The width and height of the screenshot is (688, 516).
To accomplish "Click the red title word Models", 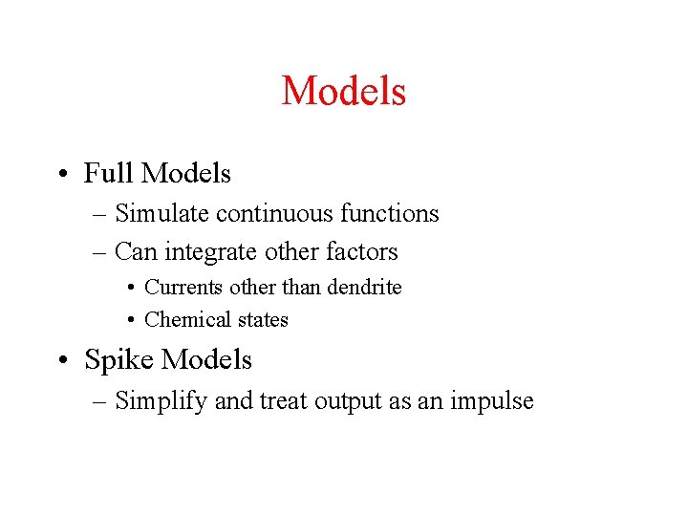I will click(x=344, y=92).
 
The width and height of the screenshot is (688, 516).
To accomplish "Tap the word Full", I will click(x=108, y=173).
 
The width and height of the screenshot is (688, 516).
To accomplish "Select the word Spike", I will click(x=119, y=359).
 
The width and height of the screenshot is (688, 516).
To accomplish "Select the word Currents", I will click(x=179, y=287).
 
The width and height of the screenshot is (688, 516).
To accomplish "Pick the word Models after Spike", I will click(x=207, y=359).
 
